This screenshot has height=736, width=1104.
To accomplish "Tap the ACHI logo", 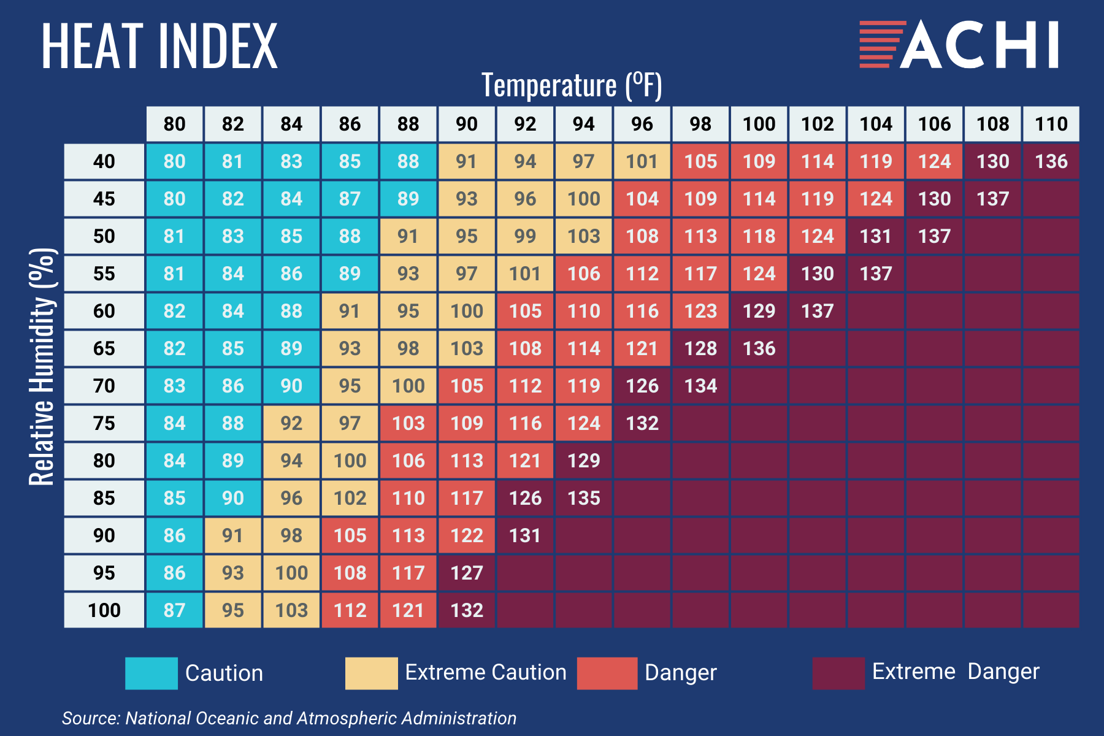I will point(959,44).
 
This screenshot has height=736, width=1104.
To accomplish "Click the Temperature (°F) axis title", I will point(572,85).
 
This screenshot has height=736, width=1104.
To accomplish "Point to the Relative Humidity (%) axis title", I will point(43,367).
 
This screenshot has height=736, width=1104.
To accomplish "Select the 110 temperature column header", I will point(1051,124).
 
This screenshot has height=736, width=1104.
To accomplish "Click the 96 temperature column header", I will point(642,124).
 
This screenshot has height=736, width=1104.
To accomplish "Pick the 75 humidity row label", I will point(104,423).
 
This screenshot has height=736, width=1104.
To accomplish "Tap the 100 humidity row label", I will point(104,610).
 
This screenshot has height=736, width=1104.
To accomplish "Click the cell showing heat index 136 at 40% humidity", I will point(1051,161).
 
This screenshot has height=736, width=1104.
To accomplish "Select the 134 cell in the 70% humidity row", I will point(700,386).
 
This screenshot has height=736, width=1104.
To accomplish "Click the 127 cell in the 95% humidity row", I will point(466,573).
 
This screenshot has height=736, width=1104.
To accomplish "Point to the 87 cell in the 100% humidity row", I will point(174,610).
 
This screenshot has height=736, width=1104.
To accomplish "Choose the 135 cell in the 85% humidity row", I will point(583,498).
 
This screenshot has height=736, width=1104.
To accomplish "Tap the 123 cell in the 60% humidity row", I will point(700,311).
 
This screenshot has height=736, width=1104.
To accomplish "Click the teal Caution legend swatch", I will point(151,673).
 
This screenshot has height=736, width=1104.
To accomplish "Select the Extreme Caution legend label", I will point(486,672).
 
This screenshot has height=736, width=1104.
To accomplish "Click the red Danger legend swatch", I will point(607,673).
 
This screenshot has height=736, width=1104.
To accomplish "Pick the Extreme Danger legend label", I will point(956,672).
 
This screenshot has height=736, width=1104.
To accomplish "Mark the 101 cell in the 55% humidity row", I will point(525,274).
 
